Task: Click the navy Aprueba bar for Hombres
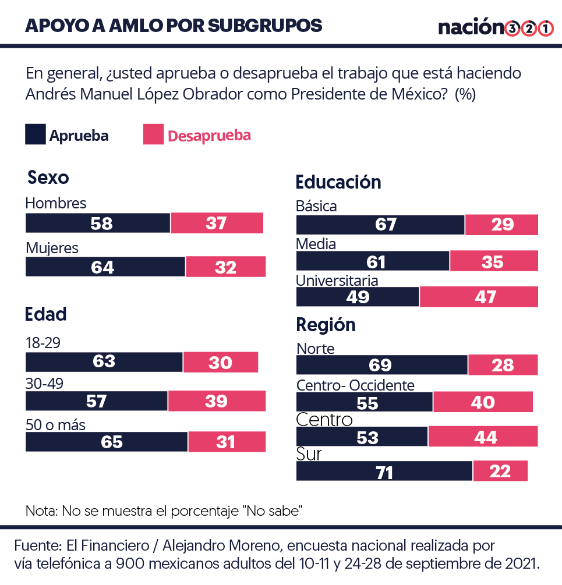click(98, 223)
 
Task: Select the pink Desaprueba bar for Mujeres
click(225, 267)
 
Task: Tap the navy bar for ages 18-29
click(104, 362)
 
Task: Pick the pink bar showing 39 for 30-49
click(217, 401)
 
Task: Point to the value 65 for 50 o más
click(112, 442)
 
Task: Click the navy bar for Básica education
click(380, 225)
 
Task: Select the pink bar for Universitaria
click(479, 297)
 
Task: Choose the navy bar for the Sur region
click(384, 471)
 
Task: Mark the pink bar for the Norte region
click(503, 365)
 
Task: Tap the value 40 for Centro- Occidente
click(483, 402)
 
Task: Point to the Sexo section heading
click(48, 178)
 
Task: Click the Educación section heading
click(338, 182)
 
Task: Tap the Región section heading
click(326, 325)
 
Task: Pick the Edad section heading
click(45, 314)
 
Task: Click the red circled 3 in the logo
click(513, 28)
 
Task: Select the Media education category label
click(316, 244)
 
